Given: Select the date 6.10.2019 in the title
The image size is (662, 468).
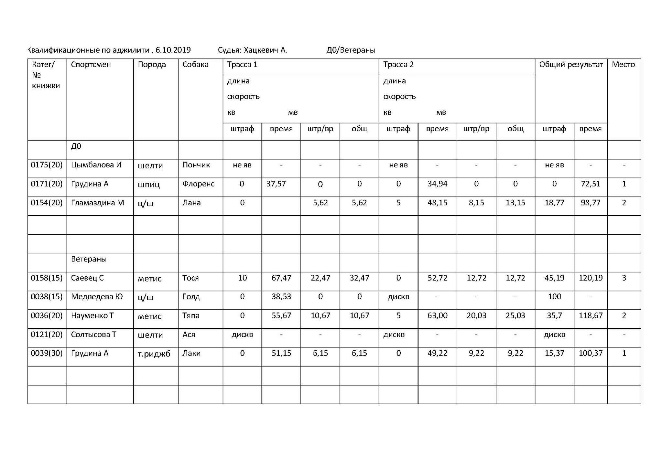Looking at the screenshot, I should (173, 50).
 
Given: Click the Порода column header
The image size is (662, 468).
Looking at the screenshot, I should (152, 65).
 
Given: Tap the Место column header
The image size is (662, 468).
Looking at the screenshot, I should (623, 65).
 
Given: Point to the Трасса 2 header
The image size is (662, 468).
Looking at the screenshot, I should (398, 65).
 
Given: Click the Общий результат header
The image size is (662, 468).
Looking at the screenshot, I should (571, 65).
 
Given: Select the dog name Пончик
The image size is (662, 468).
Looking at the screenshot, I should (196, 165).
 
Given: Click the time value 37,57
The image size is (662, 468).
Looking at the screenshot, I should (276, 184).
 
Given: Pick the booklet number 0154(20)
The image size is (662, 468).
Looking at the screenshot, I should (47, 203).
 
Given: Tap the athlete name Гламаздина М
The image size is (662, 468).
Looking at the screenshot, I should (97, 203).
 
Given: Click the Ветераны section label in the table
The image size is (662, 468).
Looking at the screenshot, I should (89, 259).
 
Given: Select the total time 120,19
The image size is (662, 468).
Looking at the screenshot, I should (591, 278).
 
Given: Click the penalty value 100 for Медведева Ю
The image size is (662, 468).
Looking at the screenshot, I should (554, 297).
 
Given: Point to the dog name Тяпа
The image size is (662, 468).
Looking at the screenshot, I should (191, 316).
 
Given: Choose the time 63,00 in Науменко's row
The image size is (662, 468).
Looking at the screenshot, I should (437, 316).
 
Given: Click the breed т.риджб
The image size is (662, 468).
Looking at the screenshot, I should (154, 354).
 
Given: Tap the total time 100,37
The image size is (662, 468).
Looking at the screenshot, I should (591, 353).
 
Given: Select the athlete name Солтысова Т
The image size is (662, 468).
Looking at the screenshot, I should (93, 335).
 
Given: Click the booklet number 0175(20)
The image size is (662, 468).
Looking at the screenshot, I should (47, 165).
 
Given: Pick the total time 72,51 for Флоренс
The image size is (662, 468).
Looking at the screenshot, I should (591, 184).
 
